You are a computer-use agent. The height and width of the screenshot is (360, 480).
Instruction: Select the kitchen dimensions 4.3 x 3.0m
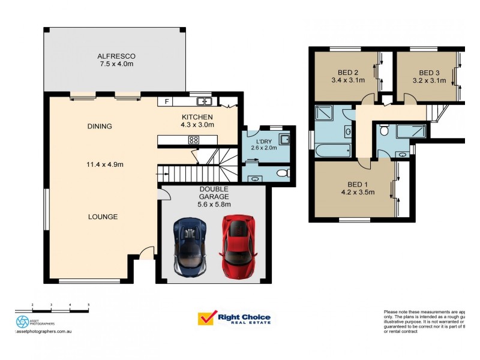coord(197,125)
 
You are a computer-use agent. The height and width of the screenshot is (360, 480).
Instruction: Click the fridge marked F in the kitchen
coord(166,102)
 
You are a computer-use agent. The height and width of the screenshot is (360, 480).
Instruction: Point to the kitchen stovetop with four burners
coord(194,140)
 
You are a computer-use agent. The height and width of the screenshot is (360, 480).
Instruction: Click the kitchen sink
coord(204,101)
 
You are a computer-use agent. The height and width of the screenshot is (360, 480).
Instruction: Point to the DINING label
coord(100,126)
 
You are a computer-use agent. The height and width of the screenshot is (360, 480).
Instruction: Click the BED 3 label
coord(429,71)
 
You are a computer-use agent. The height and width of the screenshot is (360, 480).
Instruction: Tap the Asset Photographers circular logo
coord(22,322)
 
